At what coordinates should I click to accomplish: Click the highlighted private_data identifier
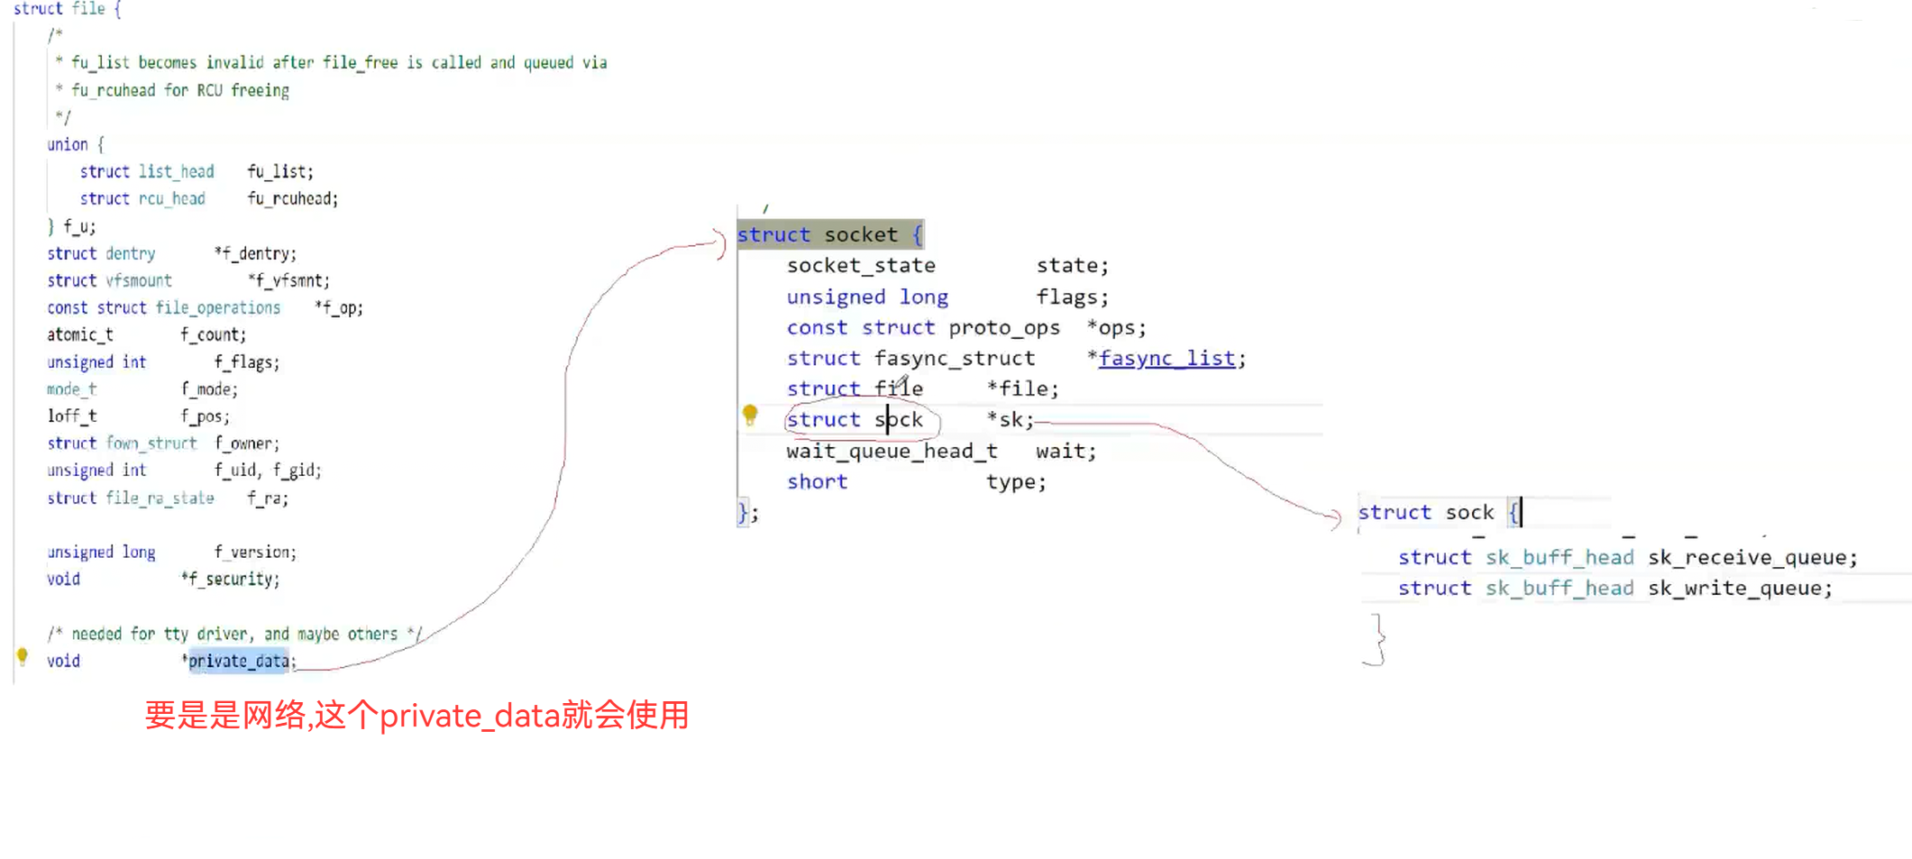click(239, 661)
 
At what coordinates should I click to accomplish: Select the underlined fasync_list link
click(1166, 359)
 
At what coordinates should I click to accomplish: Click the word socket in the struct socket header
click(861, 235)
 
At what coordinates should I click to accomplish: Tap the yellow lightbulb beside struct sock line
click(750, 415)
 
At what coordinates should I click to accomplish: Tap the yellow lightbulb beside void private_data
click(23, 656)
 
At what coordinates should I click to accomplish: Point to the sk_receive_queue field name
click(1752, 558)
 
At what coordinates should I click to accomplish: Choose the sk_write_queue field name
click(1739, 589)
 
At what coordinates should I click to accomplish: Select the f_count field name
click(212, 335)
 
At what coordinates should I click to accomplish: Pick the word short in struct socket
click(817, 482)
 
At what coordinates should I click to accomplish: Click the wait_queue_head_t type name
click(892, 452)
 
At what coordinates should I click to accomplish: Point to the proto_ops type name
click(1004, 328)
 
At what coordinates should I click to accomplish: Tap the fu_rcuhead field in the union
click(292, 199)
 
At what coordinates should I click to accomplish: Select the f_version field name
click(254, 553)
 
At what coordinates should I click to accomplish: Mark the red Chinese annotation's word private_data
click(469, 716)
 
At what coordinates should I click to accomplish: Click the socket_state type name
click(861, 266)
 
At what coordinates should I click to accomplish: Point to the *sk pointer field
click(1009, 420)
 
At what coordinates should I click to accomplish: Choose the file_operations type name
click(217, 308)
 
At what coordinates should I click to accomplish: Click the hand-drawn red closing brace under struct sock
click(1377, 639)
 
